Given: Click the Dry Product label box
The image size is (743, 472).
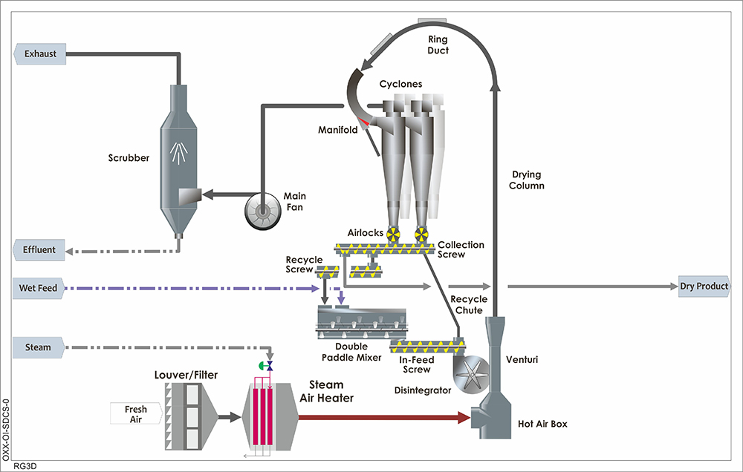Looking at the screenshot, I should coord(703,286).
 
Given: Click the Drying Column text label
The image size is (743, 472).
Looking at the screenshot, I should coord(528,180).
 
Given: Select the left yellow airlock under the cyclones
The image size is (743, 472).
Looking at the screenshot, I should coord(394,235).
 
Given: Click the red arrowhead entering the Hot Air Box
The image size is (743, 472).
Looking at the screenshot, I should coord(465,418).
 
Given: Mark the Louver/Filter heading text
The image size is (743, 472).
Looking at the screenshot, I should coord(185,376).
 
